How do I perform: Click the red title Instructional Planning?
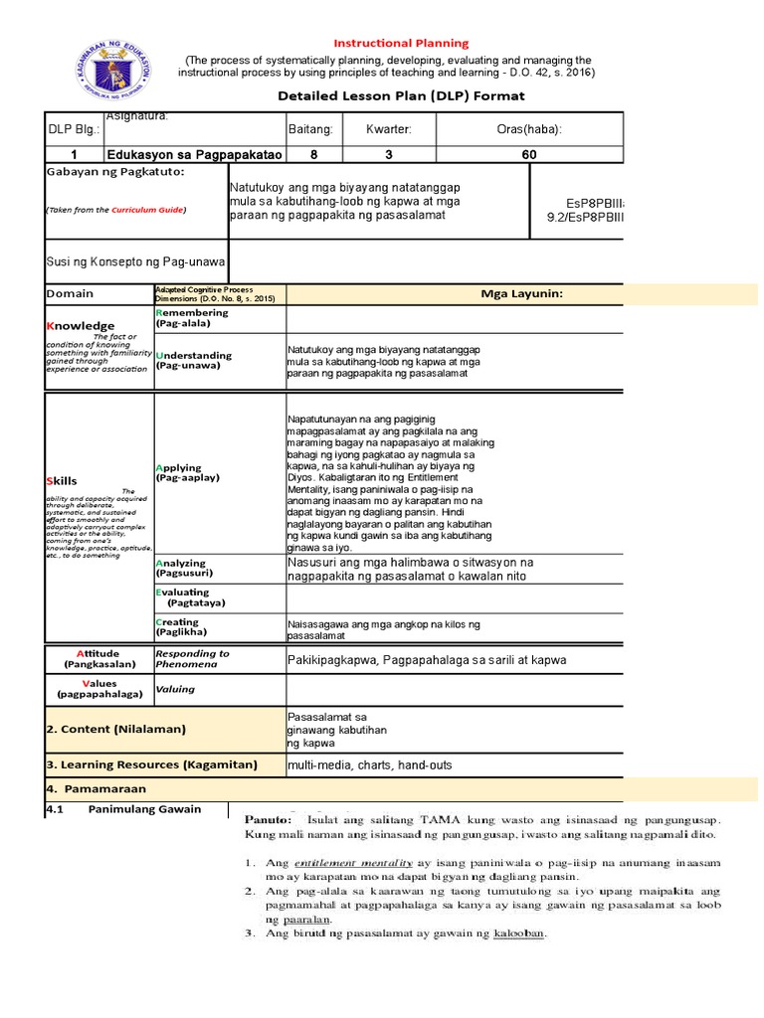[401, 44]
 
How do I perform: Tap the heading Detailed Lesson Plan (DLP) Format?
[401, 95]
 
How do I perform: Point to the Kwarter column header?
[388, 129]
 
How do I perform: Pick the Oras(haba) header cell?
[529, 129]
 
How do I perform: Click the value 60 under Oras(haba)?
[529, 154]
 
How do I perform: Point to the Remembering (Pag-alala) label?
[192, 318]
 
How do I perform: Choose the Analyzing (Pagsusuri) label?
[181, 569]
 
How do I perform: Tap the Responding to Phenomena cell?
[191, 658]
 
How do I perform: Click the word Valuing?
[174, 689]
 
